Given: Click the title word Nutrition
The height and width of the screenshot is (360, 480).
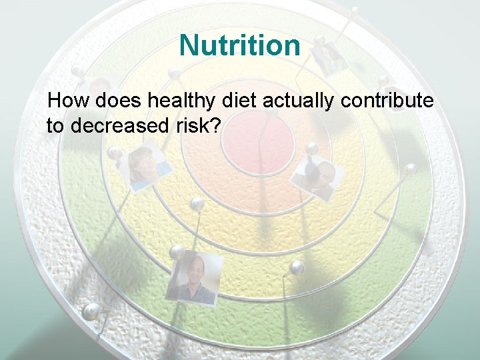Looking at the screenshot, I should [x=240, y=45].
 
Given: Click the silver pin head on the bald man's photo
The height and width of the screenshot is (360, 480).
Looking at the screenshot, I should [x=177, y=252].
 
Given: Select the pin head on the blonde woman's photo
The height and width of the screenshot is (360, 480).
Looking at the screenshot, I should [x=115, y=153].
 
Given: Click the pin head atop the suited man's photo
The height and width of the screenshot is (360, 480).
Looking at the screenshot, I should [x=311, y=148].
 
